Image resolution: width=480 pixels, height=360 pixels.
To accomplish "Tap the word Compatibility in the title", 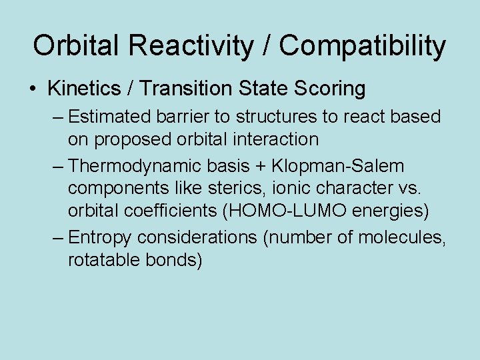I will (x=363, y=47).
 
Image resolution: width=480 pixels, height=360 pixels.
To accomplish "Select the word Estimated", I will (x=110, y=117).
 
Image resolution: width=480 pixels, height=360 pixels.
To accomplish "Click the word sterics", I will (x=215, y=188).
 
